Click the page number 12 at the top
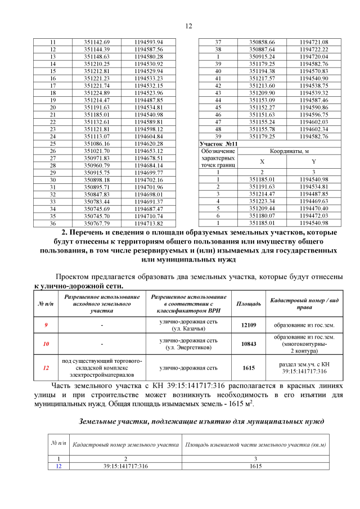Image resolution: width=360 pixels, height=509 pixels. point(188,25)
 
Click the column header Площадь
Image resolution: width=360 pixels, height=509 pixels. point(248,304)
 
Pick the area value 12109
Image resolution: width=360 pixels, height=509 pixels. point(248,325)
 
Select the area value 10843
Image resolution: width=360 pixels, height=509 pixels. point(248,344)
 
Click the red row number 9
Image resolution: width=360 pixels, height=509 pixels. point(46,325)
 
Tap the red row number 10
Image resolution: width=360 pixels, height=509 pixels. point(46,344)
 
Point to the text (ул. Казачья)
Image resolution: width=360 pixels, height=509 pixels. point(188,329)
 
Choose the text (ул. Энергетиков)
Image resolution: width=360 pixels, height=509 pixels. point(188,348)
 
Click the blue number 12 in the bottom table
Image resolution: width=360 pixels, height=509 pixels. point(58,465)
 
